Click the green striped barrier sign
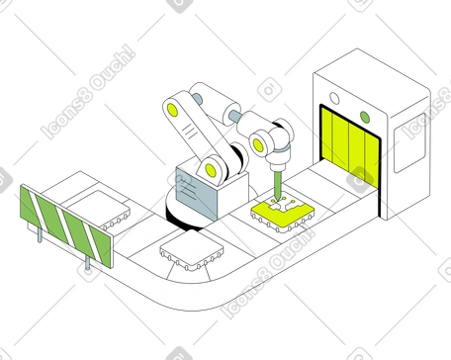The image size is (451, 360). (x=67, y=226)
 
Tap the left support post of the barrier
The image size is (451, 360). (x=40, y=235)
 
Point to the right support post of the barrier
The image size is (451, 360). (x=87, y=262)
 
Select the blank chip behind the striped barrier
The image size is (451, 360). (x=99, y=209)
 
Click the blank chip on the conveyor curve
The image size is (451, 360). (x=191, y=250)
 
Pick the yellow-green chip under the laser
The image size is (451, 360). (x=283, y=215)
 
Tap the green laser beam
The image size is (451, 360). (x=278, y=185)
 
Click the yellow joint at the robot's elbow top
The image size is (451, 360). (x=172, y=110)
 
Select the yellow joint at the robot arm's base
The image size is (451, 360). (x=210, y=170)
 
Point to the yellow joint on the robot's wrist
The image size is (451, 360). (x=258, y=145)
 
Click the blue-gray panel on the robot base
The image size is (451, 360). (x=197, y=194)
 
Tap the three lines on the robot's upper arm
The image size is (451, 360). (x=190, y=131)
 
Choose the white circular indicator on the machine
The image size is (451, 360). (x=334, y=98)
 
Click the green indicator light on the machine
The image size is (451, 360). (x=365, y=117)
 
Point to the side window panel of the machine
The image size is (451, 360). (x=409, y=142)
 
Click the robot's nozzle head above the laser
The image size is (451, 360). (x=279, y=160)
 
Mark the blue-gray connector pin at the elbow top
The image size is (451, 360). (x=197, y=98)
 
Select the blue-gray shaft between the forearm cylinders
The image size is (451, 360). (x=235, y=116)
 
